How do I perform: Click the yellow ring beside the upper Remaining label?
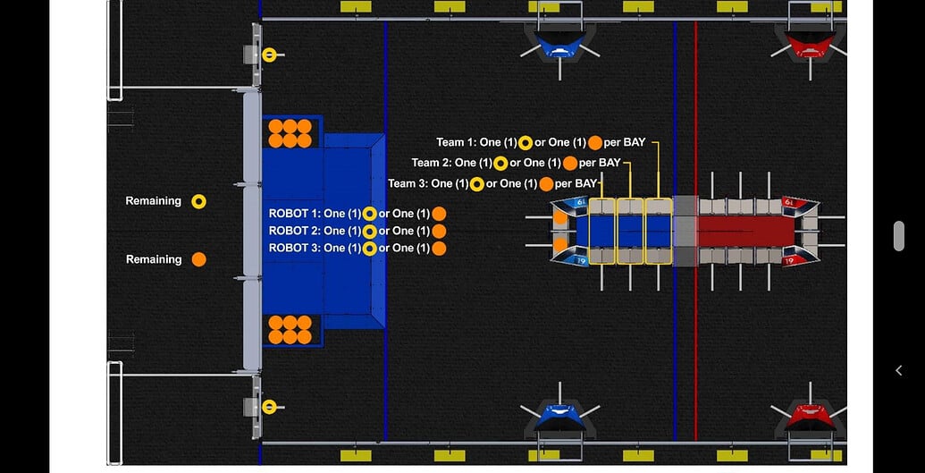(x=198, y=201)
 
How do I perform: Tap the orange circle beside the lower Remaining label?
(x=198, y=259)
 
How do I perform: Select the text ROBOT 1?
(x=294, y=214)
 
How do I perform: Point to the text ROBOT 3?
(x=294, y=248)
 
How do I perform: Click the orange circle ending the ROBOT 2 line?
(x=439, y=231)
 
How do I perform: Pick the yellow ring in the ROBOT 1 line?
(x=369, y=214)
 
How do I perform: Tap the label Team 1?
(x=456, y=142)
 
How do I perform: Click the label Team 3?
(x=408, y=183)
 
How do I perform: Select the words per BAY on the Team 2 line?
(x=600, y=163)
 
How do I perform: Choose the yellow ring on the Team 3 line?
(x=477, y=184)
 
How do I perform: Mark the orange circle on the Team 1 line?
(x=595, y=142)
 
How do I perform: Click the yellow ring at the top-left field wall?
(x=269, y=55)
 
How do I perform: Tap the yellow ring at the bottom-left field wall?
(x=269, y=407)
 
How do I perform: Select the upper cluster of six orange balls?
(x=290, y=133)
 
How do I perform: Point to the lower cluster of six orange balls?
(x=290, y=329)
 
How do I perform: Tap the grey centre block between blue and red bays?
(x=685, y=231)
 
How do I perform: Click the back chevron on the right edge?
(x=899, y=370)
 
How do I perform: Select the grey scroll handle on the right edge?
(x=899, y=236)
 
